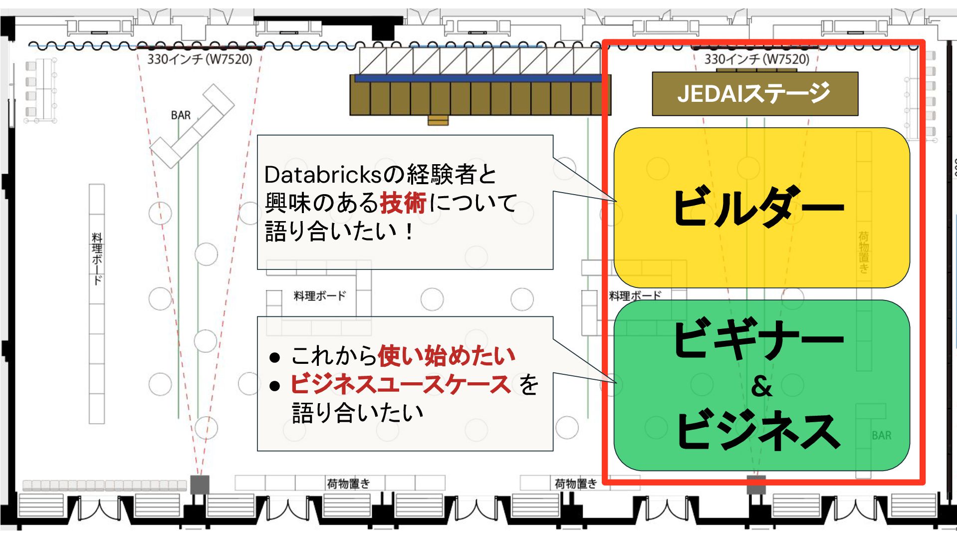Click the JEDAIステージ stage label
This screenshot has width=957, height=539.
coord(754,93)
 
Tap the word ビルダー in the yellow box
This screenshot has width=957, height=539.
coord(758,207)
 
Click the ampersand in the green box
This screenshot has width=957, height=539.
coord(761,386)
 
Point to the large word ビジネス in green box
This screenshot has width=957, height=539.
coord(758,430)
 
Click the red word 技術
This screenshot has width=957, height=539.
coord(403,203)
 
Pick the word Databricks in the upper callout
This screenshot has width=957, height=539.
coord(323,175)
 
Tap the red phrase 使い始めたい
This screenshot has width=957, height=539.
coord(447,356)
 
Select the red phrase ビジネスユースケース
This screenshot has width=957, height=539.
coord(400,384)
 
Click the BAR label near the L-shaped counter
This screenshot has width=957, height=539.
coord(181,115)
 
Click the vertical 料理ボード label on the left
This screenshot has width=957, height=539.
coord(97,258)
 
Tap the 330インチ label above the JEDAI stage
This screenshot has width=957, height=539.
coord(756,59)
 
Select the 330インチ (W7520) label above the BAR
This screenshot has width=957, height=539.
coord(200,59)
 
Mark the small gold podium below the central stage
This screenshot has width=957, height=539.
coord(438,120)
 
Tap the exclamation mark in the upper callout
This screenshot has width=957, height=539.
coord(410,232)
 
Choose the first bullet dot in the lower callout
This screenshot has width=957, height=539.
coord(274,357)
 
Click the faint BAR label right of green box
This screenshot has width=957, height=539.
coord(882,436)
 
